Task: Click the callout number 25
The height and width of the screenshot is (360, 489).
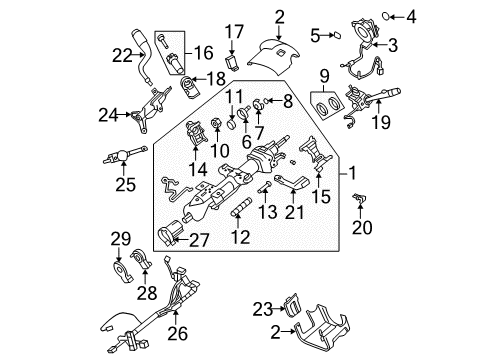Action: [x=125, y=184]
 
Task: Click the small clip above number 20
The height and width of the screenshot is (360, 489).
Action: [x=359, y=203]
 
